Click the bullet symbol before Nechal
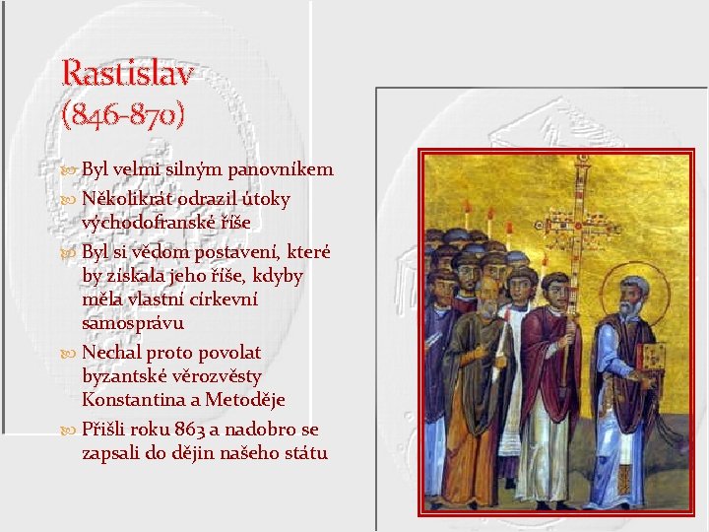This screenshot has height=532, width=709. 69,353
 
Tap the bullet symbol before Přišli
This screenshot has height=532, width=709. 69,431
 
